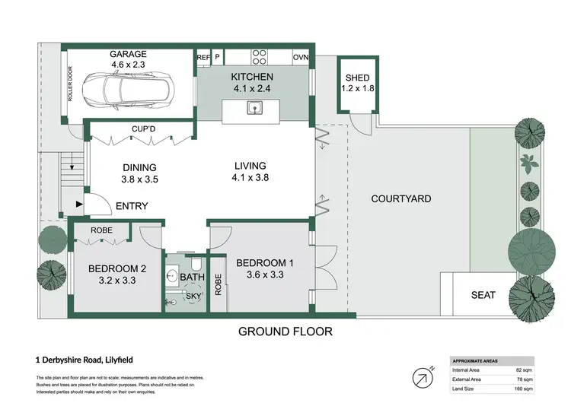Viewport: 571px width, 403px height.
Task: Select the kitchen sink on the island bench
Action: coord(254,108)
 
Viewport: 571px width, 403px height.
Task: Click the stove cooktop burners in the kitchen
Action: coord(259,57)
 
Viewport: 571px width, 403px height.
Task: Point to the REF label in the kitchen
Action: coord(203,57)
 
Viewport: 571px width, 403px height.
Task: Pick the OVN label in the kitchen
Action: coord(301,57)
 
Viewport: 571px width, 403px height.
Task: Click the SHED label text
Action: coord(357,78)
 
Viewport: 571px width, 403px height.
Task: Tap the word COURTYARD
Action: coord(400,199)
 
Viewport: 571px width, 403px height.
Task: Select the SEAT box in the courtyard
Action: coord(484,294)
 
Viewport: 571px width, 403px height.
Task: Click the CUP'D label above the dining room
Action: coord(144,130)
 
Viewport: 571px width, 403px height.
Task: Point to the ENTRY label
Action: coord(132,206)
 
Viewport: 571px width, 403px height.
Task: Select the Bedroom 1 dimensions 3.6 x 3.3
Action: coord(260,275)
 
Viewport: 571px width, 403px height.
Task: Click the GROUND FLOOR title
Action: coord(285,332)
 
